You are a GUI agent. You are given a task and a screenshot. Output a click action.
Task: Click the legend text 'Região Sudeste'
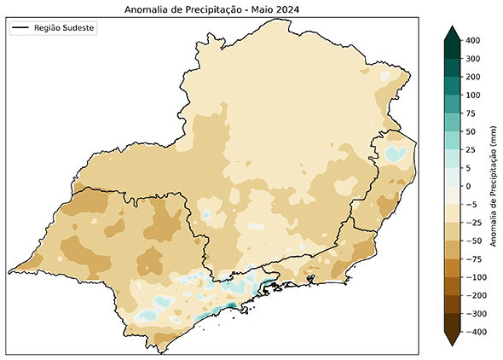pos(65,28)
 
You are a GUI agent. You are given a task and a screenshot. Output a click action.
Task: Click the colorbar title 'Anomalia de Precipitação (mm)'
pos(493,185)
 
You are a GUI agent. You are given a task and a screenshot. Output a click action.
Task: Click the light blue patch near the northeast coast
pos(394,154)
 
